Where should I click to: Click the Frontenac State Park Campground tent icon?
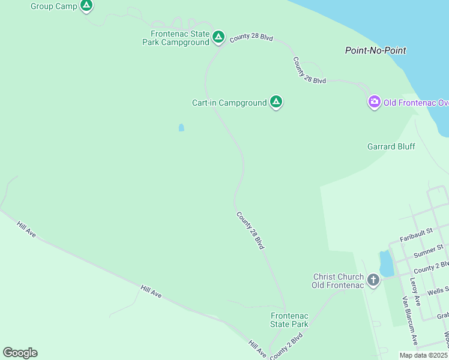218,37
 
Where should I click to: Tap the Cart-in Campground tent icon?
276,102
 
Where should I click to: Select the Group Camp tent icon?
86,6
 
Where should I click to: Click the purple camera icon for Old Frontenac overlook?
375,102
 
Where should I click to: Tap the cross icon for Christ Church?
373,280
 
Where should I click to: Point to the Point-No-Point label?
376,50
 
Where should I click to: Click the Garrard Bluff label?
391,146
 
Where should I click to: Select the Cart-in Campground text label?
229,103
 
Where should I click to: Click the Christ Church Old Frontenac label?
338,281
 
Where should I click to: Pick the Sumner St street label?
429,248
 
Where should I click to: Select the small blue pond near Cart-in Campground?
181,127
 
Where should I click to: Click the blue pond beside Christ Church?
385,262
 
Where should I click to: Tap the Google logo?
20,353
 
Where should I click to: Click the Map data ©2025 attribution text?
424,355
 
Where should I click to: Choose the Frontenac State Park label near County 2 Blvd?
289,320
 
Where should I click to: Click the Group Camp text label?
55,6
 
